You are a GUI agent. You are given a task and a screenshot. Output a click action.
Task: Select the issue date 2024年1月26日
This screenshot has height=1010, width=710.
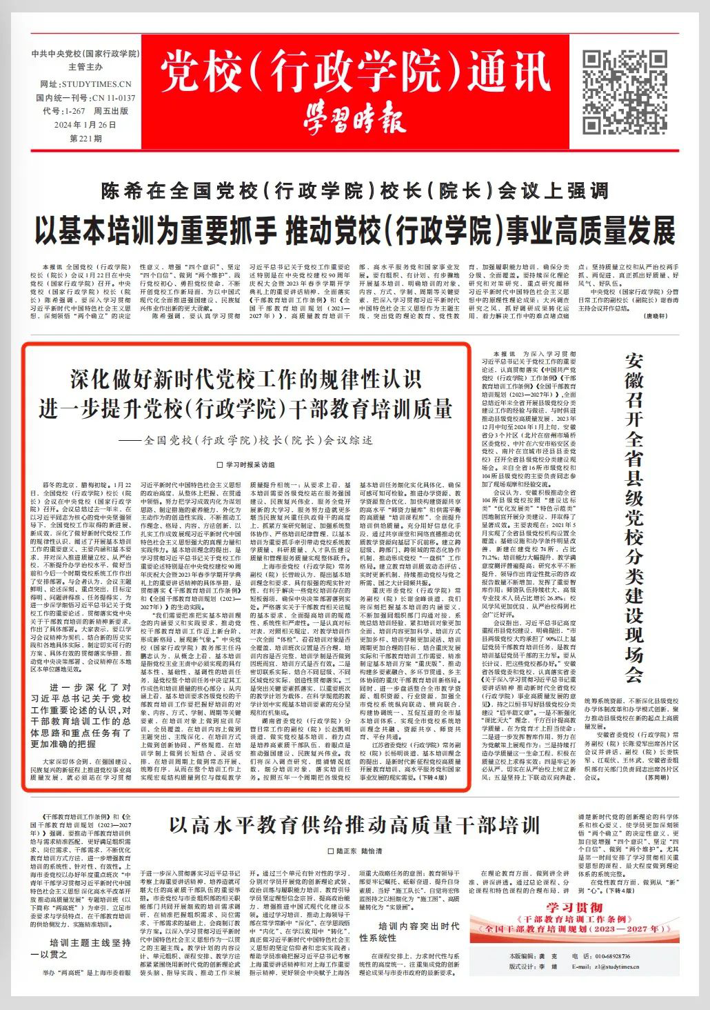(85, 125)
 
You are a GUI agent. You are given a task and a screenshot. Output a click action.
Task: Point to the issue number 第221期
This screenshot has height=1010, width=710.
(85, 138)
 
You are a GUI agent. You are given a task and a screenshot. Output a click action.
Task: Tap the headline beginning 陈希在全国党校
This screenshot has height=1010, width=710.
(354, 191)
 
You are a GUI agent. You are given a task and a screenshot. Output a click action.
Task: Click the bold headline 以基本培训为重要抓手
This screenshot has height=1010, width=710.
(354, 230)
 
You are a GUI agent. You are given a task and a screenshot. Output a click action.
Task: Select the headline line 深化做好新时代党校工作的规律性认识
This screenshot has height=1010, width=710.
(245, 379)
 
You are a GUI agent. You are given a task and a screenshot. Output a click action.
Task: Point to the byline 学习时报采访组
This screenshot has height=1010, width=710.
(245, 465)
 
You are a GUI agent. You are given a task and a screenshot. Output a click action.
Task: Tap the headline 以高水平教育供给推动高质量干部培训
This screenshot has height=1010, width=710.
(354, 825)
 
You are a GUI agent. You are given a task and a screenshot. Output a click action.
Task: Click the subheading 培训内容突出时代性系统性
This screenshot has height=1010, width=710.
(409, 932)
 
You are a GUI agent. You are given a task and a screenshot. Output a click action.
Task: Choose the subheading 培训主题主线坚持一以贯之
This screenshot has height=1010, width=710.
(81, 949)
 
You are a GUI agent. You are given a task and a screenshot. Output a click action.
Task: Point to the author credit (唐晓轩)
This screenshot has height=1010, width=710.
(655, 315)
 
